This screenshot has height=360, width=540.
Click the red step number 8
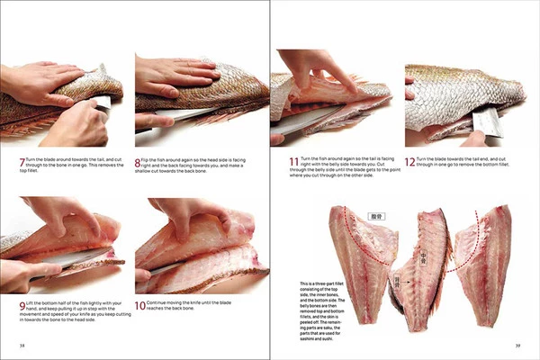138,162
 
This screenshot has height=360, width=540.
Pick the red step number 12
409,162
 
